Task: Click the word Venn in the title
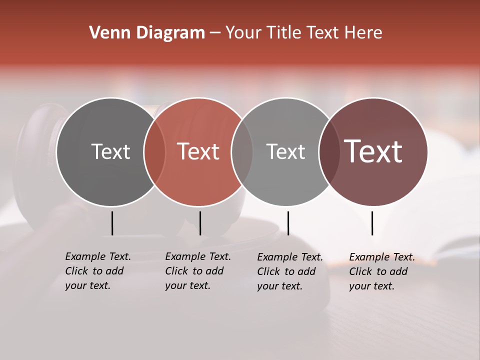tap(106, 33)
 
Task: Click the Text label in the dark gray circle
tap(110, 151)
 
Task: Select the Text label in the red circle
tap(198, 151)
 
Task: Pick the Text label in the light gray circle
tap(285, 151)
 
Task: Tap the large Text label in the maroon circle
tap(373, 151)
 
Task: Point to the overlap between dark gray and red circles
tap(154, 152)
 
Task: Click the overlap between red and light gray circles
tap(242, 152)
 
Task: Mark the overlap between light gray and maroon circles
tap(329, 152)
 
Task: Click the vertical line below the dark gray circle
tap(112, 223)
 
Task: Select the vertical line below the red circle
tap(200, 223)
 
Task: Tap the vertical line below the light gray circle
tap(288, 223)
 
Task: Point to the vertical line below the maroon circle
tap(372, 223)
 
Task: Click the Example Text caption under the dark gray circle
tap(97, 271)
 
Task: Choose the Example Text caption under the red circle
tap(197, 271)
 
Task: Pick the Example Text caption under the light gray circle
tap(289, 271)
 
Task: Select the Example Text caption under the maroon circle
tap(381, 271)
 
